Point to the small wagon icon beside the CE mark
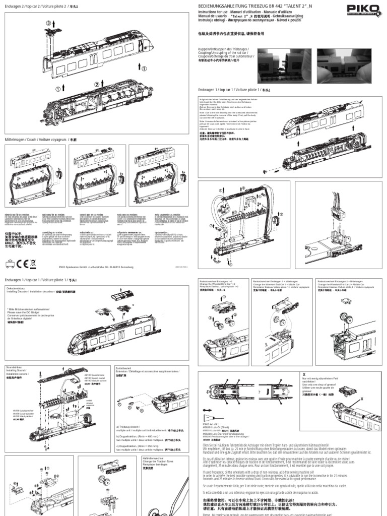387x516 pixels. tap(10, 263)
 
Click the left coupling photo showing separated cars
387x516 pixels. tap(283, 66)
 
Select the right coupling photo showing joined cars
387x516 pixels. tap(349, 66)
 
